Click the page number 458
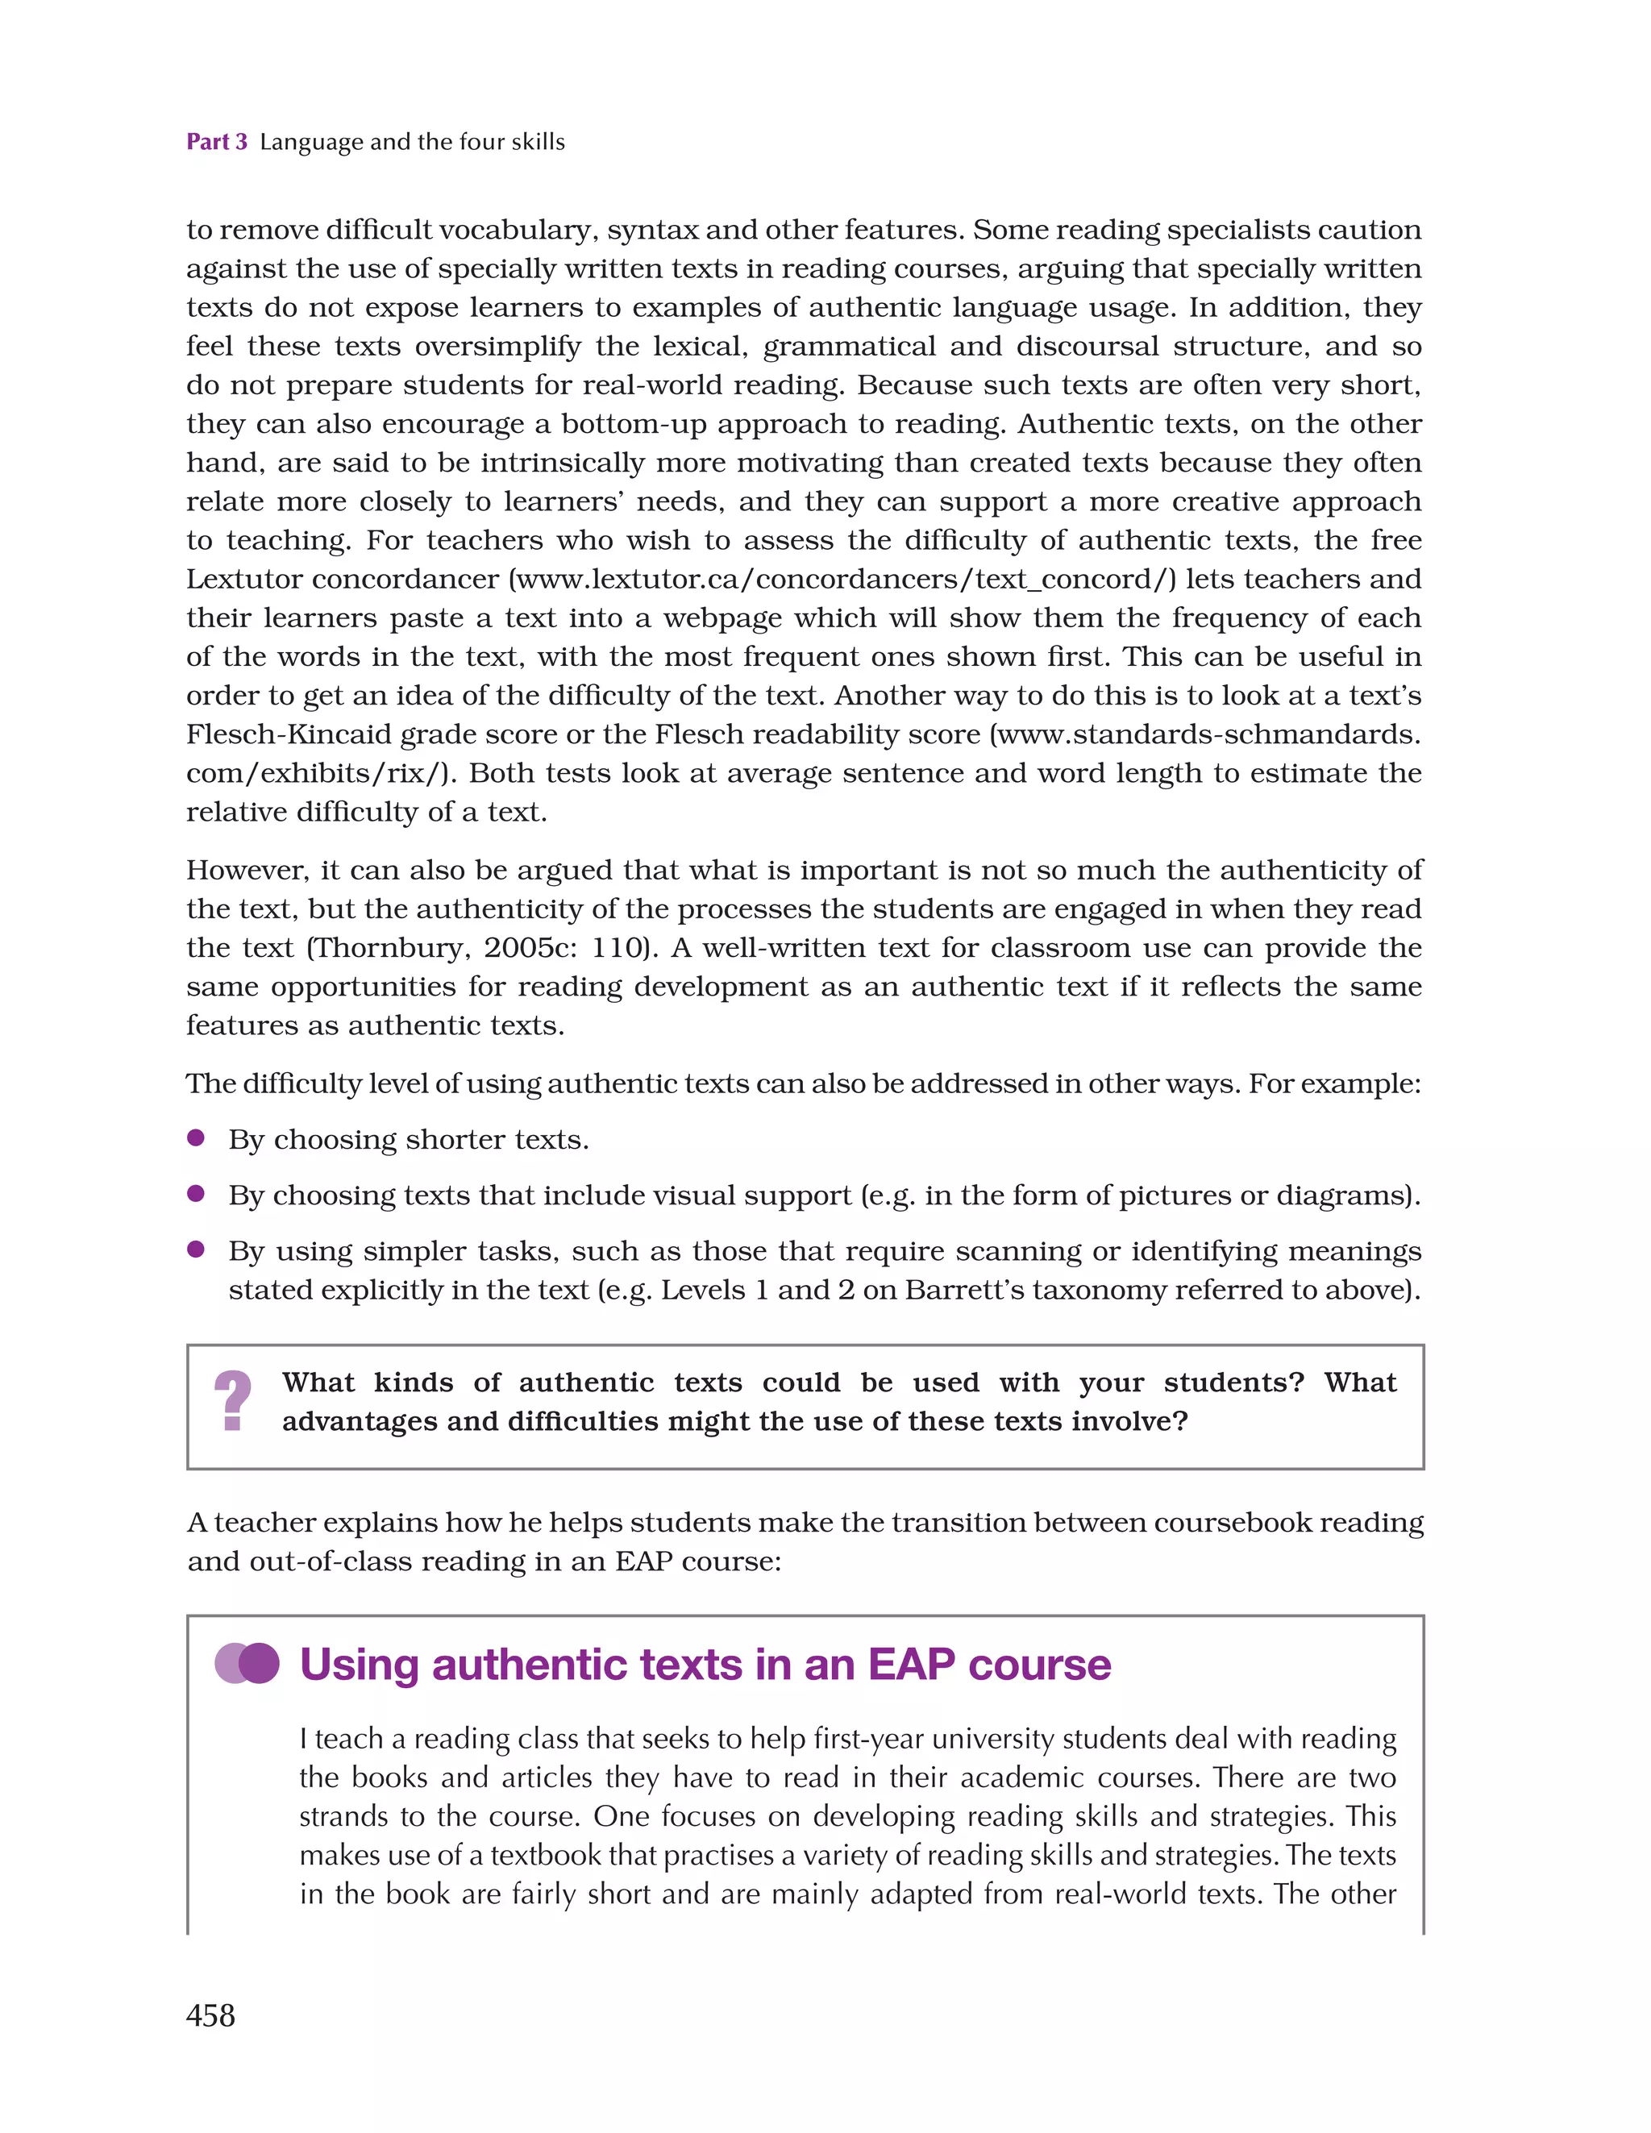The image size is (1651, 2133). [x=210, y=2014]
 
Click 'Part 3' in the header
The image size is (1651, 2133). [x=217, y=143]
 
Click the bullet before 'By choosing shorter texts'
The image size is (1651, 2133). [x=195, y=1137]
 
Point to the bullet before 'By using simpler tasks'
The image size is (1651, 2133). [x=195, y=1249]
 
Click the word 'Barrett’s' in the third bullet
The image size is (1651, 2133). [x=964, y=1290]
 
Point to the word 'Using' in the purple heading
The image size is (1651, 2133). [x=359, y=1664]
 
